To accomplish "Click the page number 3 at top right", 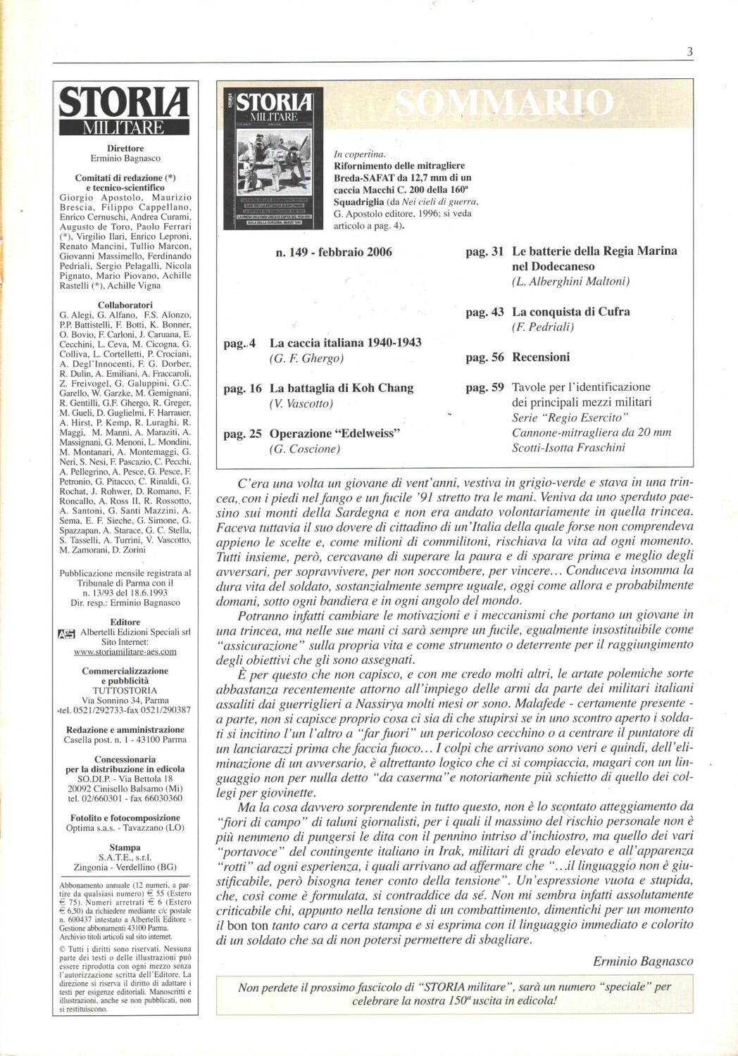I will click(x=689, y=51).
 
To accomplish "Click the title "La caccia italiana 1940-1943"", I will click(x=346, y=343).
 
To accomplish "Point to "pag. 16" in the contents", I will click(x=242, y=389).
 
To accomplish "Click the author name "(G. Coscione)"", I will click(x=304, y=450).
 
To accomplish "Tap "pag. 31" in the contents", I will click(x=484, y=251).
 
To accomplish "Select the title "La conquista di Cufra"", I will click(x=571, y=312).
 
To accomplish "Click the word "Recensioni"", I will click(x=541, y=358).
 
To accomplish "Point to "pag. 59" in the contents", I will click(x=484, y=387).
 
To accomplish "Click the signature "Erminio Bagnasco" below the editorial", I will click(x=643, y=961).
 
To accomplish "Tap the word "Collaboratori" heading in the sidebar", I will click(x=125, y=305).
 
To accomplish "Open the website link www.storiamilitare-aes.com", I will click(x=125, y=652).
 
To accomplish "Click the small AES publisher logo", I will click(x=66, y=633).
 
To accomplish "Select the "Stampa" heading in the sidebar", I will click(x=125, y=848).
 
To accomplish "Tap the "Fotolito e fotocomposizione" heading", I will click(x=125, y=818).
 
